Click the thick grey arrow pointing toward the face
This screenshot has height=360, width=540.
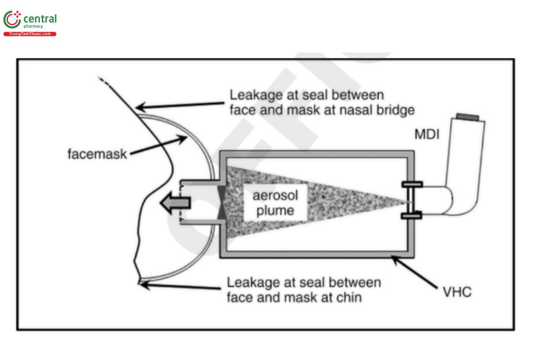pyautogui.click(x=176, y=203)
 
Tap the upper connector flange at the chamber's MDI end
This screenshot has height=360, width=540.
pyautogui.click(x=412, y=184)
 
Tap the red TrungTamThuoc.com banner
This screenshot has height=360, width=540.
pyautogui.click(x=30, y=34)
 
